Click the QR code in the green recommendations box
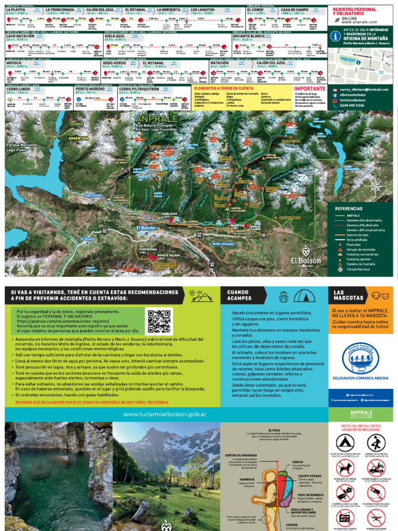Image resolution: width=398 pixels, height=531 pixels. point(159,322)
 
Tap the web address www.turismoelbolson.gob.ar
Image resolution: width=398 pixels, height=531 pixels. point(164,414)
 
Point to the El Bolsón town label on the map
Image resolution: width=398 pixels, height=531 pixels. point(146,228)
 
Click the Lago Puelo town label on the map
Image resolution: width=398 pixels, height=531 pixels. point(94,195)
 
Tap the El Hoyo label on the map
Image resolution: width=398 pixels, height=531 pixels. point(87,239)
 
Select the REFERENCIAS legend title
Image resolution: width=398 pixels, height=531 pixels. point(348,208)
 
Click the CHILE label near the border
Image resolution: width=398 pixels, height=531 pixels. point(78,124)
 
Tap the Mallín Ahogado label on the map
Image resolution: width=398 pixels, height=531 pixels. point(224,244)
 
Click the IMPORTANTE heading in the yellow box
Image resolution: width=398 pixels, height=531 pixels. point(309,89)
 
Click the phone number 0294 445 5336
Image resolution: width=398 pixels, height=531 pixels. point(353,105)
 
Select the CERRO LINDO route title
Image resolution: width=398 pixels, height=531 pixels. point(18,89)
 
